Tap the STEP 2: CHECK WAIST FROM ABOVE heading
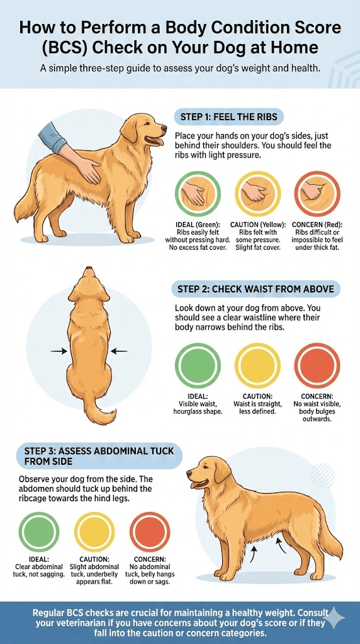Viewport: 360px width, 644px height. coord(256,289)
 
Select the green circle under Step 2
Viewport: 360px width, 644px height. coord(198,365)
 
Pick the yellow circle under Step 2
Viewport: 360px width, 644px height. coord(257,365)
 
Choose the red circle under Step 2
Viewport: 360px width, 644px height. coord(317,365)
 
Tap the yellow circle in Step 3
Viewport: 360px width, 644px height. coord(94,531)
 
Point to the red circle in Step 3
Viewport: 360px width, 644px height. coord(150,531)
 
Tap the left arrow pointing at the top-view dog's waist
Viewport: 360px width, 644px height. coord(59,351)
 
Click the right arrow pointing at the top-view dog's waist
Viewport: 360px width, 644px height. coord(119,351)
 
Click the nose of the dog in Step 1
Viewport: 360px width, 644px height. coord(164,128)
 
